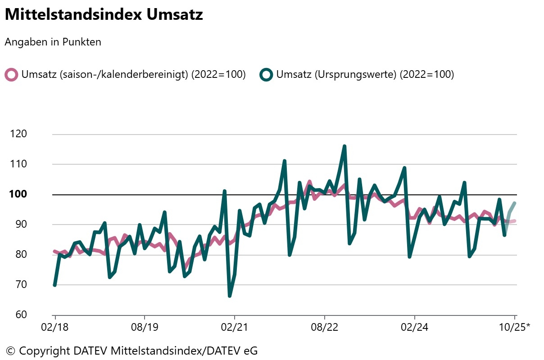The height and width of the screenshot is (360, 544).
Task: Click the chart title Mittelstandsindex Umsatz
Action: (x=104, y=14)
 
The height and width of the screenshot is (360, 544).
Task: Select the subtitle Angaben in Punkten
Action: (x=53, y=42)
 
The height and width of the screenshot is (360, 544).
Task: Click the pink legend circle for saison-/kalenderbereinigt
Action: (x=11, y=75)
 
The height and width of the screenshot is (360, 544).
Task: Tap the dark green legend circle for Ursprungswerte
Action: (x=266, y=75)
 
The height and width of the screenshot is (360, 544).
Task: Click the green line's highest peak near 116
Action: (x=345, y=146)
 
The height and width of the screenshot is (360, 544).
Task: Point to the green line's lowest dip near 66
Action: (x=230, y=296)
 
